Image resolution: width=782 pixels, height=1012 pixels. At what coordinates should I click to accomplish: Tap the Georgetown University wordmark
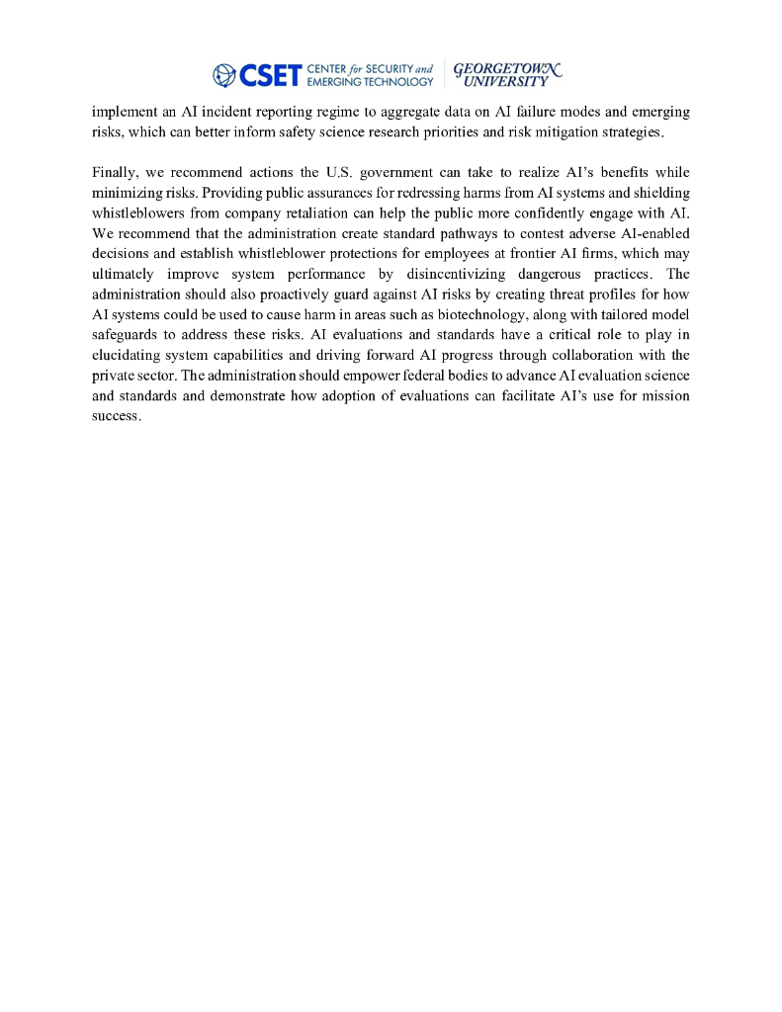tap(507, 74)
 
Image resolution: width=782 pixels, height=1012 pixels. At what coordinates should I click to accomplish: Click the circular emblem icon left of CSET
tap(224, 74)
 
